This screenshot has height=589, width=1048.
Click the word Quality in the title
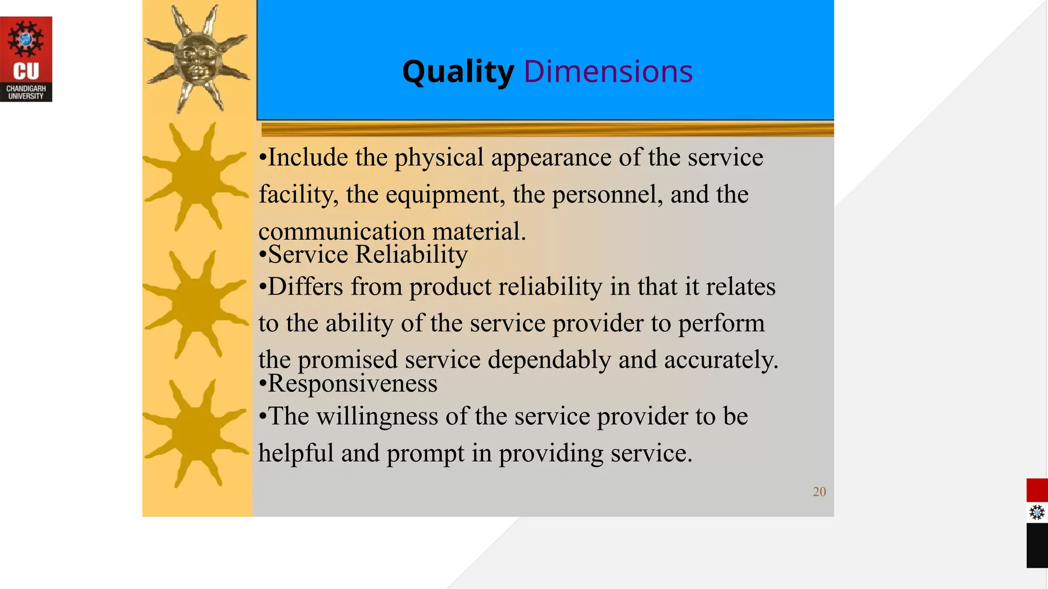458,72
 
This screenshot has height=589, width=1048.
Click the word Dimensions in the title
608,72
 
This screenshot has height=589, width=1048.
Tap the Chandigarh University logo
26,59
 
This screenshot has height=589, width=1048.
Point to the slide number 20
819,492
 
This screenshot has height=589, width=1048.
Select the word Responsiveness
353,383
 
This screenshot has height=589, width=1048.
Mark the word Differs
305,286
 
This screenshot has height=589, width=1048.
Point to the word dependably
549,360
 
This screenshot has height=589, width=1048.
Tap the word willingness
377,416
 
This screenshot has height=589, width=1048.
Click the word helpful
296,453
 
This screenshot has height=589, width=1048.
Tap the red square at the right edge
1037,490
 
